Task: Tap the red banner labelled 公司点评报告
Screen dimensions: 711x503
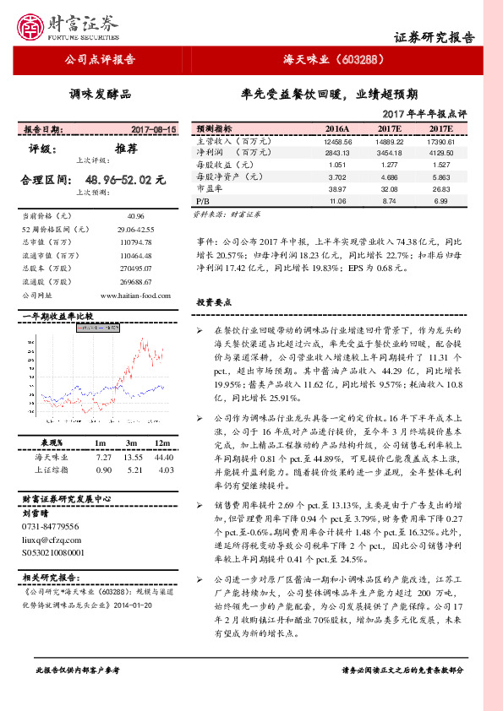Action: [100, 60]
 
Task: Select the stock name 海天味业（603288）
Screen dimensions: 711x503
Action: [334, 60]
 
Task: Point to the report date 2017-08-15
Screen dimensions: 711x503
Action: [154, 130]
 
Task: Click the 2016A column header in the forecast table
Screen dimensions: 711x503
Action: [336, 129]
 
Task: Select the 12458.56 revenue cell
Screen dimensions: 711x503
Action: [336, 142]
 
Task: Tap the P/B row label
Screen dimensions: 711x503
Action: [202, 203]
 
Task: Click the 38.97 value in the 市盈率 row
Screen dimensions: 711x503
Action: [338, 191]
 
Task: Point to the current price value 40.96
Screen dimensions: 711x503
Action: [135, 217]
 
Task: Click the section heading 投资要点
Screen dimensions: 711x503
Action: [215, 302]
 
